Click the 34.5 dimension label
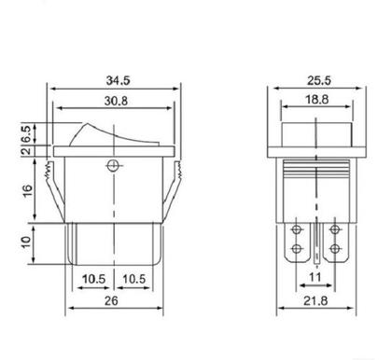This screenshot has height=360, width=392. point(118,80)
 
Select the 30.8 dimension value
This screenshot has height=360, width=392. point(116,101)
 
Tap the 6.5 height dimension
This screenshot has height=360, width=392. point(27,133)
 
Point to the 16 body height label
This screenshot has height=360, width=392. point(27,190)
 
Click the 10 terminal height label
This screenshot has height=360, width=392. point(26,242)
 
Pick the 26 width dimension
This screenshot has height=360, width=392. point(111,300)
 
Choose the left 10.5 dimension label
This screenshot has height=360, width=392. point(93,279)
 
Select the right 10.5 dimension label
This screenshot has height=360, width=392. point(133,279)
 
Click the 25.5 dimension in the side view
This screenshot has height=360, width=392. point(319,80)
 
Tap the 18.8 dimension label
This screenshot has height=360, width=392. point(316,100)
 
